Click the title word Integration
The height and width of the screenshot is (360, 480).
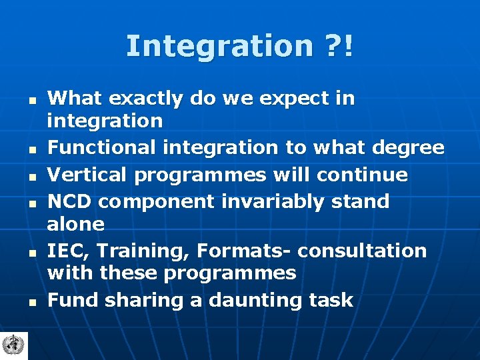point(219,47)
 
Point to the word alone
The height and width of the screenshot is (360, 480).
point(75,224)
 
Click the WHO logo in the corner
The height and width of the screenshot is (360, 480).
point(11,345)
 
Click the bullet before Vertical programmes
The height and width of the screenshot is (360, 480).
point(31,177)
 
